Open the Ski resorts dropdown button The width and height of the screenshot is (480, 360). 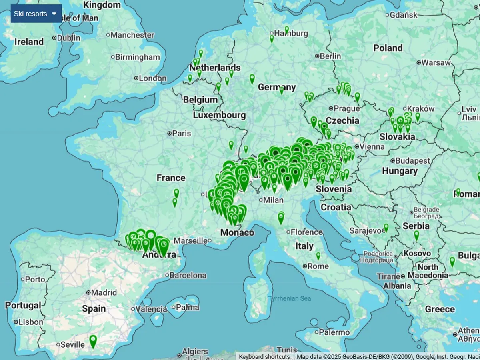(36, 14)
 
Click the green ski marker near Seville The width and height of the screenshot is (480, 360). (93, 341)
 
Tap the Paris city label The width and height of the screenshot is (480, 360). (181, 133)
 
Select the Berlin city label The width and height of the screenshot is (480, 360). (330, 56)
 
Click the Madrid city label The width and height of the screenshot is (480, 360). (104, 292)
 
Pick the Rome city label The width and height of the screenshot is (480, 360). (318, 266)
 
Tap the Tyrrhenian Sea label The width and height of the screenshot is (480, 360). (289, 298)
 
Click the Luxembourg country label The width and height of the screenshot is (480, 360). (219, 115)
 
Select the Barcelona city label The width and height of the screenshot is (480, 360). (188, 275)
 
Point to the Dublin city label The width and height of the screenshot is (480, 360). (68, 38)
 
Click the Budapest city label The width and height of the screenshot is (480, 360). (412, 161)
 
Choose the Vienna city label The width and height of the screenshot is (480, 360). (372, 147)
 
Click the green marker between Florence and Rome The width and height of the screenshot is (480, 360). (318, 255)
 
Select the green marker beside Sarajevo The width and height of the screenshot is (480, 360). (386, 227)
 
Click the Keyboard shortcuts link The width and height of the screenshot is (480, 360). (264, 356)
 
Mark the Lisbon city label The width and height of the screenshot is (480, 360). (30, 322)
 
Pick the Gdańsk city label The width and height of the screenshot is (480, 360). (403, 15)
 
